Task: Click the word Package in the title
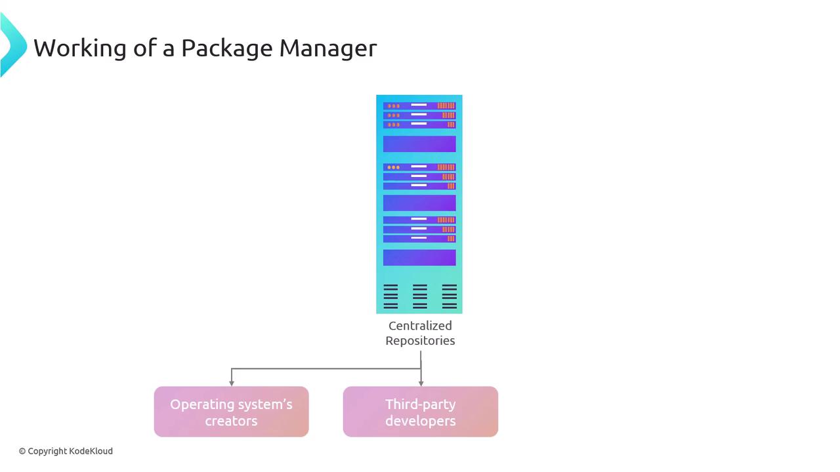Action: point(226,48)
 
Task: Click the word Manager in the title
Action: point(327,48)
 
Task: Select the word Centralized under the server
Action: point(420,326)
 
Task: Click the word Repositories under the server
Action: point(420,341)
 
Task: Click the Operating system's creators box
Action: point(231,412)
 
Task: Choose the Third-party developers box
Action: point(420,412)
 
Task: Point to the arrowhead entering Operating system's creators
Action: point(232,382)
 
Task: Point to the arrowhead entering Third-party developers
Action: point(421,382)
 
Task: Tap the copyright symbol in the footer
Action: point(22,451)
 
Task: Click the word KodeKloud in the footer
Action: point(91,451)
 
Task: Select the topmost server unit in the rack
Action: point(419,106)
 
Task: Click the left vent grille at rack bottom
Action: point(390,296)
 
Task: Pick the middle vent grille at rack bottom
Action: point(420,296)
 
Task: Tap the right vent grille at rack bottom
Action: point(450,296)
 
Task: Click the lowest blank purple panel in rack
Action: point(419,258)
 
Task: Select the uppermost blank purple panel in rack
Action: point(419,144)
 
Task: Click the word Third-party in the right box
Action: point(420,404)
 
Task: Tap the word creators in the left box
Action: point(231,421)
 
